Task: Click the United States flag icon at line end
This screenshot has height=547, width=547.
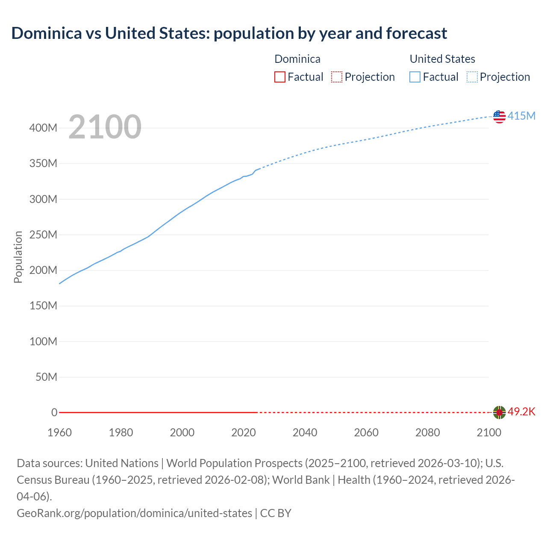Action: click(x=499, y=116)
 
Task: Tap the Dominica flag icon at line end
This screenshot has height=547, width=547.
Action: click(x=499, y=412)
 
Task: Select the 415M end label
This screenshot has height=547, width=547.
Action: click(x=521, y=116)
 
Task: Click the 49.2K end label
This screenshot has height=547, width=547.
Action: click(x=521, y=412)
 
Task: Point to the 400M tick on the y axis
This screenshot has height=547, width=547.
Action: click(x=43, y=128)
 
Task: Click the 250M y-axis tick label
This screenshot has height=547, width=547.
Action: click(x=43, y=235)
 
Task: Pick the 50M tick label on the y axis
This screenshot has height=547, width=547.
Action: click(x=46, y=377)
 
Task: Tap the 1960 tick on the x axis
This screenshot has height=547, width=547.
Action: click(x=59, y=432)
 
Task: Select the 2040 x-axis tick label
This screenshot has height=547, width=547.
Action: click(x=305, y=432)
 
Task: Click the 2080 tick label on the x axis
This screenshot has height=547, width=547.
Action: click(x=427, y=432)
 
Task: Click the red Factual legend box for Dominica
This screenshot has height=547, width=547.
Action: click(x=279, y=77)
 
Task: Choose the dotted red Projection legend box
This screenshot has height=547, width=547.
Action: click(x=337, y=77)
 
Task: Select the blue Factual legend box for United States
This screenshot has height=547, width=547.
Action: click(x=415, y=77)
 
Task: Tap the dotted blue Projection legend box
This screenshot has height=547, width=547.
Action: click(x=472, y=77)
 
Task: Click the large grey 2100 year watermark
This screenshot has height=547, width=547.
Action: click(x=105, y=127)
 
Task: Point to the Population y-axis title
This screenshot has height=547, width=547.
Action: click(x=18, y=257)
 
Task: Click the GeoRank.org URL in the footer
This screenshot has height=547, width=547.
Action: click(x=134, y=513)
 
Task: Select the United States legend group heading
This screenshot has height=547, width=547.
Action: click(x=442, y=59)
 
